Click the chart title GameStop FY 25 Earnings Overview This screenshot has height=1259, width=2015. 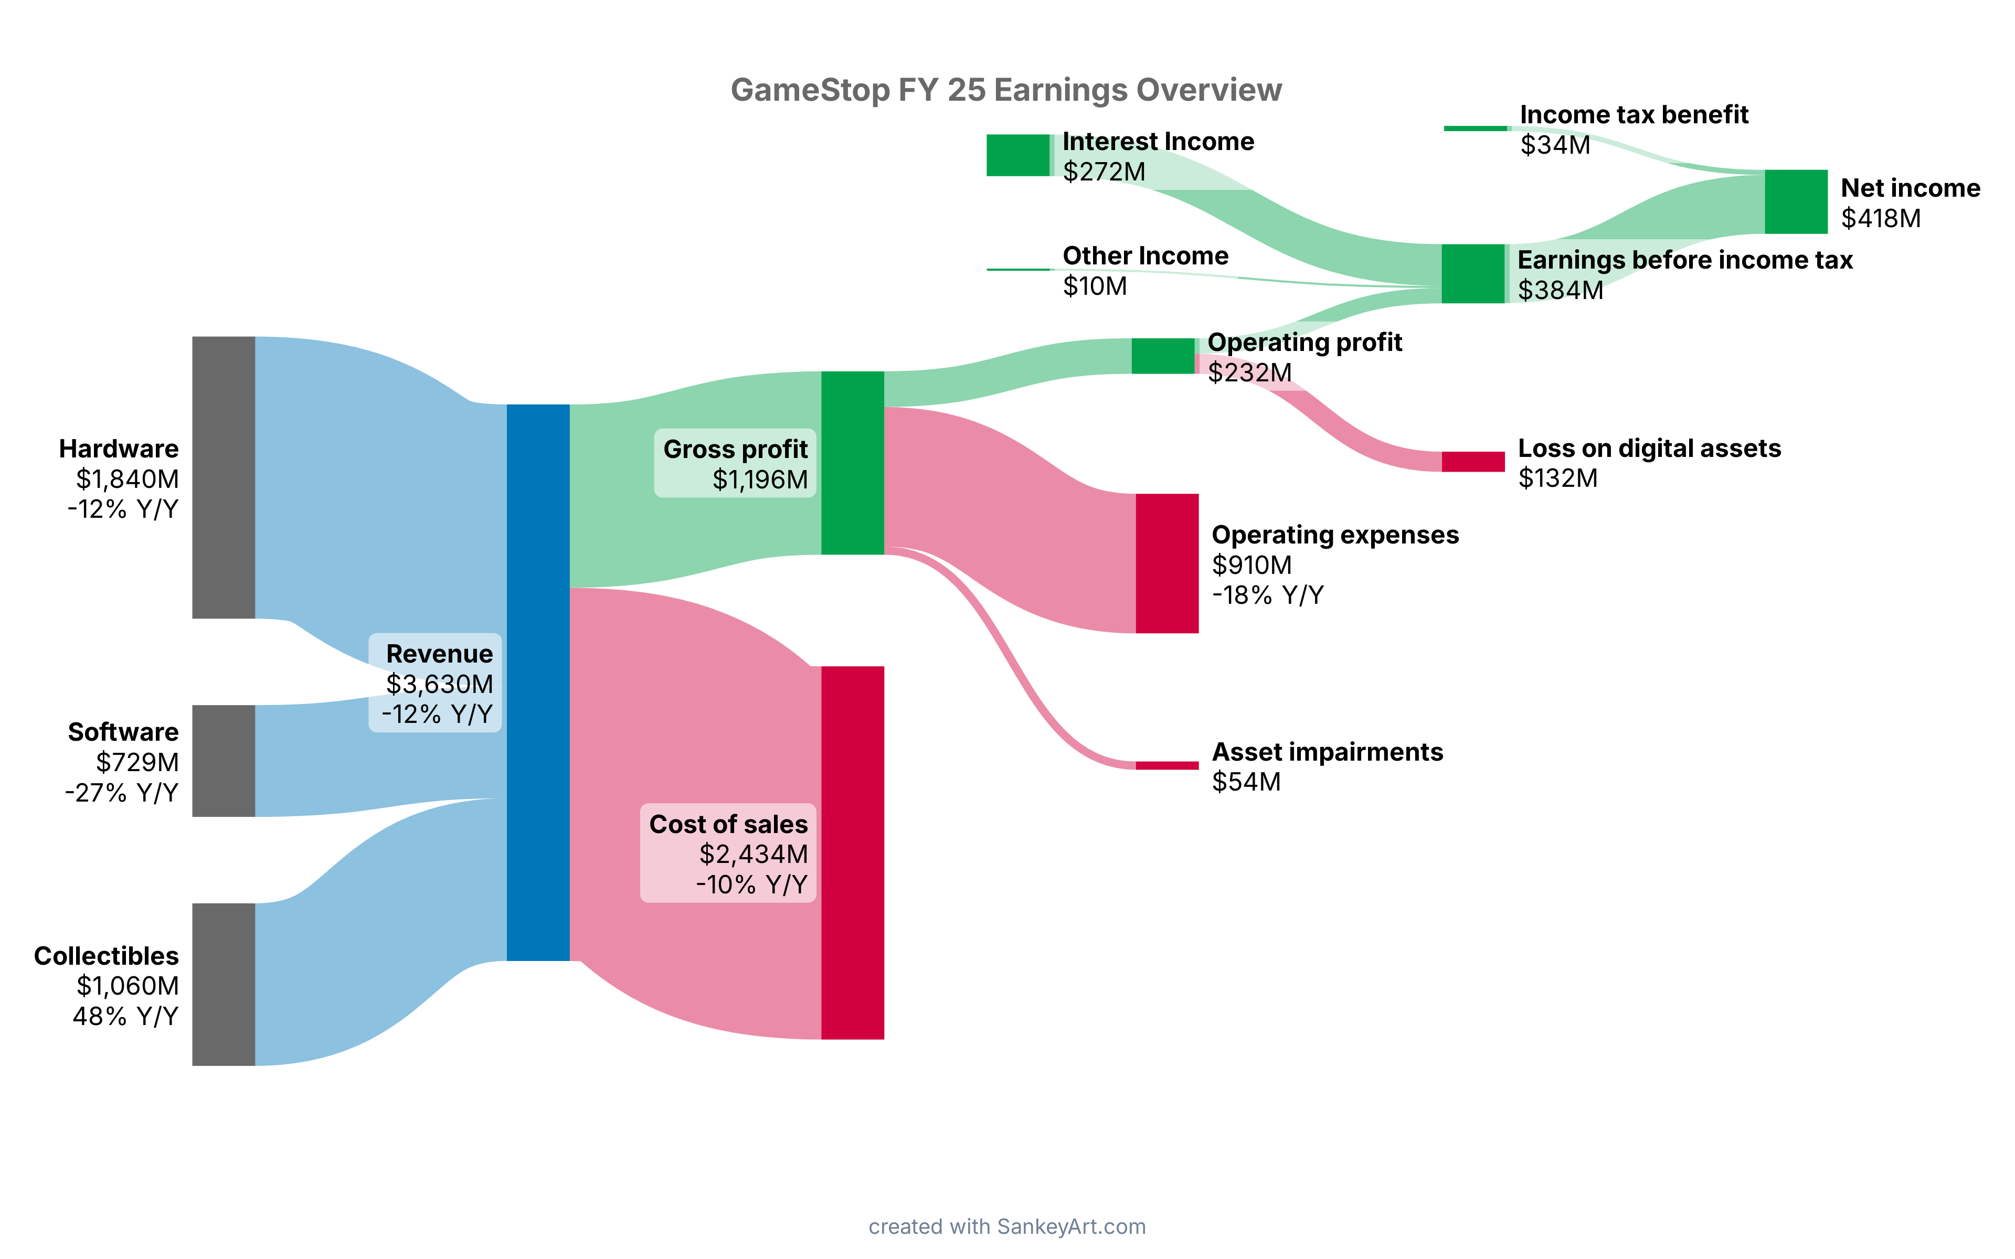point(1006,90)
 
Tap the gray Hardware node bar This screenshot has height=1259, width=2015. point(223,477)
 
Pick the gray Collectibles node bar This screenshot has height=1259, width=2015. point(223,984)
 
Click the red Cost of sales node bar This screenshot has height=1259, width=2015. point(852,852)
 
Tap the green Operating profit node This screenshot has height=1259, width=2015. point(1162,356)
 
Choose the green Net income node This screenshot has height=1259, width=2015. point(1795,201)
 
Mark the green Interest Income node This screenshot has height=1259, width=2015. point(1017,155)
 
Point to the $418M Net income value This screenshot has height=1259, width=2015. point(1880,218)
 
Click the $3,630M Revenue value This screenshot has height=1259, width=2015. point(439,684)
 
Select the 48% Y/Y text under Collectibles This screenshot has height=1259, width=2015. point(125,1016)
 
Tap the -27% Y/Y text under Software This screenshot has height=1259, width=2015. point(122,792)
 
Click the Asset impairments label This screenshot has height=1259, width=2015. point(1327,751)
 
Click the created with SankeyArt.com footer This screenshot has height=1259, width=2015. point(1006,1226)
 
